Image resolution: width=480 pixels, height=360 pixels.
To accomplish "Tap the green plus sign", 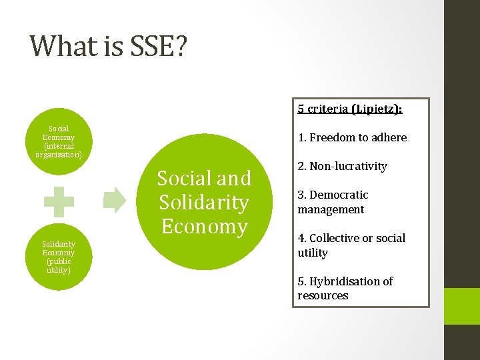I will pyautogui.click(x=59, y=201).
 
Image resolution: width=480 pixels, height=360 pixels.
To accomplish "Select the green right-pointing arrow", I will pyautogui.click(x=115, y=200).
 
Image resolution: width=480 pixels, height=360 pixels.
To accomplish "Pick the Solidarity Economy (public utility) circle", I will pyautogui.click(x=59, y=257).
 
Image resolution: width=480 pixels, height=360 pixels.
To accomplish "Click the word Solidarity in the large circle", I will pyautogui.click(x=204, y=202).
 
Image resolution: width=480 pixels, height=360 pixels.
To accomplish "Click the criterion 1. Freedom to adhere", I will pyautogui.click(x=352, y=138).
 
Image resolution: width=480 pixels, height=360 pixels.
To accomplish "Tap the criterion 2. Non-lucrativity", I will pyautogui.click(x=342, y=166).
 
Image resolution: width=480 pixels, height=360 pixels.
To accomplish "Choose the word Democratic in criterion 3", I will pyautogui.click(x=339, y=195).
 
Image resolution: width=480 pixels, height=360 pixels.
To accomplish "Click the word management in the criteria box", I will pyautogui.click(x=331, y=209).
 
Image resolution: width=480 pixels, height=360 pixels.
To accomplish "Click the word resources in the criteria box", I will pyautogui.click(x=323, y=295).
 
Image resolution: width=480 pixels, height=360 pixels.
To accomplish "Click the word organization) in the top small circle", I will pyautogui.click(x=59, y=155).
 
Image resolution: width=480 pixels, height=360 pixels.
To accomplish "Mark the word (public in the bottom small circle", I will pyautogui.click(x=59, y=261).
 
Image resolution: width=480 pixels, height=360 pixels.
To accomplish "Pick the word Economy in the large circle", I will pyautogui.click(x=204, y=226).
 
